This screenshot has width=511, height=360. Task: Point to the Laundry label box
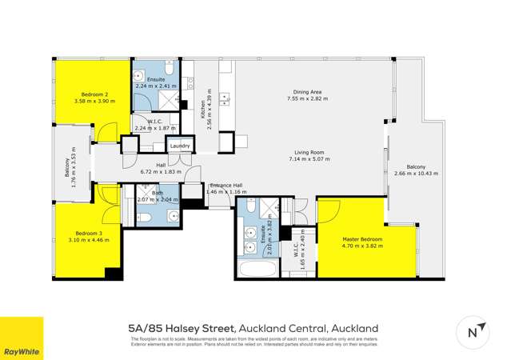pyautogui.click(x=179, y=146)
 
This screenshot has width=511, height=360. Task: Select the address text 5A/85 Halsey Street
pyautogui.click(x=181, y=328)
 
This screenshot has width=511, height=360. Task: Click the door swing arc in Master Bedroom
pyautogui.click(x=328, y=213)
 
